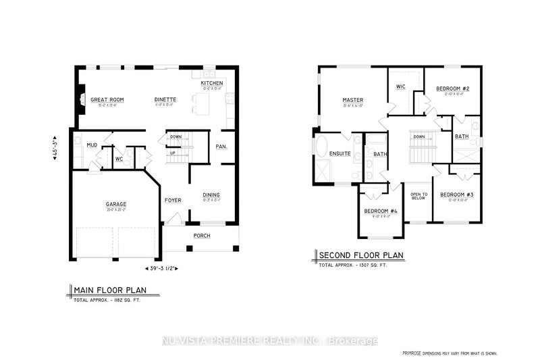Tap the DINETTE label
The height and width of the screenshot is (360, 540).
[x=165, y=99]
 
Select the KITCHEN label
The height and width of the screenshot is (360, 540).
[x=212, y=83]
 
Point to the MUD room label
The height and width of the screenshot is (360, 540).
[x=92, y=145]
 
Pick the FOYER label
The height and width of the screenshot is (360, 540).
[x=173, y=200]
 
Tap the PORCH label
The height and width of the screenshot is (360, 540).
[x=202, y=235]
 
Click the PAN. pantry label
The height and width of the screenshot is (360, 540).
[x=221, y=146]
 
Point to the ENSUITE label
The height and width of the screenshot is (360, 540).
[x=340, y=153]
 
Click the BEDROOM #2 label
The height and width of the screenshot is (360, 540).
[x=448, y=88]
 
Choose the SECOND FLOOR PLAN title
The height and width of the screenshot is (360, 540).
[x=361, y=255]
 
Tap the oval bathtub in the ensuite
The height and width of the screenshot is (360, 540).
[x=320, y=147]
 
